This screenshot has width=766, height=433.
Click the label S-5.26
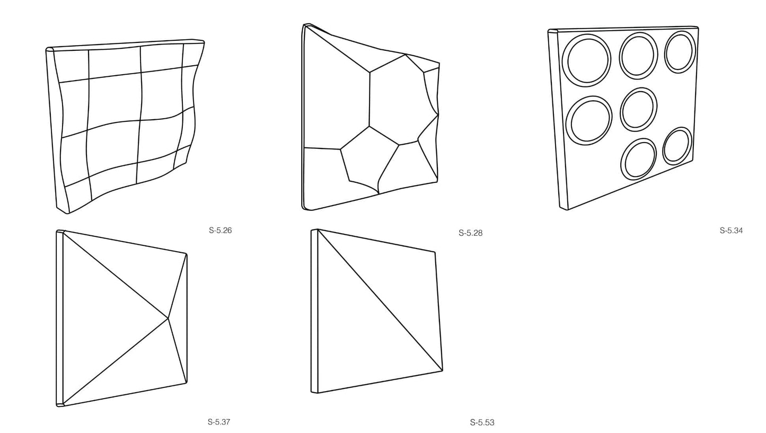coord(220,231)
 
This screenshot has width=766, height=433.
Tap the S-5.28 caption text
coord(470,233)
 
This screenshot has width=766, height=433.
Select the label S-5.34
coord(731,231)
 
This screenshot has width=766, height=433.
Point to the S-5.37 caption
coord(219,422)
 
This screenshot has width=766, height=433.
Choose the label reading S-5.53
coord(482,423)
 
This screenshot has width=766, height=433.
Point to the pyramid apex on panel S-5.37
coord(168,319)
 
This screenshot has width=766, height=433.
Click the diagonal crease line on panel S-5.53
coord(380,300)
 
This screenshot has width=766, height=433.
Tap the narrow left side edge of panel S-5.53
coord(314,311)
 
